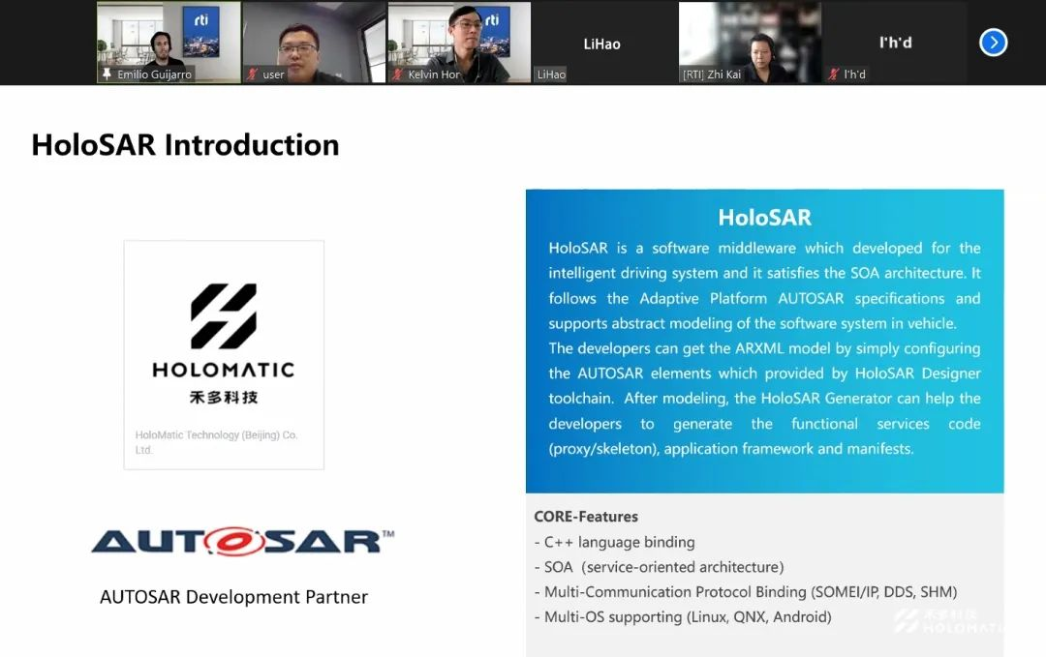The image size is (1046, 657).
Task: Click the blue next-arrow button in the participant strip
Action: [x=994, y=43]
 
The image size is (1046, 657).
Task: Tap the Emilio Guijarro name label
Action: [x=154, y=75]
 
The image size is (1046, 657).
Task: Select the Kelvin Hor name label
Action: [x=434, y=75]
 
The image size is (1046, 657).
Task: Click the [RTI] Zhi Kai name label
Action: [x=711, y=75]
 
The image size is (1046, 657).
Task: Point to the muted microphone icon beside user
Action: [x=252, y=74]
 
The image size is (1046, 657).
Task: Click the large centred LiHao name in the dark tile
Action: [x=601, y=44]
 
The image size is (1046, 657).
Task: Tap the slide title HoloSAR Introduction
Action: [x=185, y=144]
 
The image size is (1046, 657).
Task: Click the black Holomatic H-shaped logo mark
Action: [x=224, y=315]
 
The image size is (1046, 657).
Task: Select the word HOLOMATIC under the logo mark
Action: [x=224, y=370]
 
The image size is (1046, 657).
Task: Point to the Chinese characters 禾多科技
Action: [x=224, y=397]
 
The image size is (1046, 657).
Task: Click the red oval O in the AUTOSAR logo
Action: [x=234, y=542]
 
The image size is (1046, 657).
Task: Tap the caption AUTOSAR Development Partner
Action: [x=233, y=597]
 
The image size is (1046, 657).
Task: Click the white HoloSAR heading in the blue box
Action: [x=764, y=217]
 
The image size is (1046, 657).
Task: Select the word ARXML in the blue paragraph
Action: [x=759, y=348]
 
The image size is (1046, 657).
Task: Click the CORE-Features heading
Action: [x=586, y=517]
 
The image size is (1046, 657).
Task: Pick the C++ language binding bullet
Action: [x=614, y=543]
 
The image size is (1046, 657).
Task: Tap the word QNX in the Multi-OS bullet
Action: [x=749, y=617]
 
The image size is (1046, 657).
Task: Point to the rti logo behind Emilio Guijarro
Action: [x=200, y=20]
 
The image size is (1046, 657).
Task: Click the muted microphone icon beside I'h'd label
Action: [x=833, y=74]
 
